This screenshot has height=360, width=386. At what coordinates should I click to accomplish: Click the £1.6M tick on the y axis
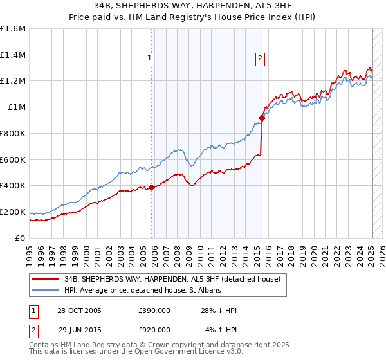(x=12, y=29)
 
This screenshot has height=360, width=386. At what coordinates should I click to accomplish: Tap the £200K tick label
(x=12, y=212)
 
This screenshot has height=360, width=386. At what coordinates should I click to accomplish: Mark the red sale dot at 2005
(x=152, y=187)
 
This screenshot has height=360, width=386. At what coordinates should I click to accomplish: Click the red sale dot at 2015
(x=262, y=118)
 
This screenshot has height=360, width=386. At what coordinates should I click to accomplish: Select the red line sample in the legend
(x=46, y=280)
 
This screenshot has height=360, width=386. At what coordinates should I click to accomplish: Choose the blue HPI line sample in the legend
(x=46, y=291)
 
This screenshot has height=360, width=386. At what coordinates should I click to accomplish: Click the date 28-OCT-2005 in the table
(x=80, y=311)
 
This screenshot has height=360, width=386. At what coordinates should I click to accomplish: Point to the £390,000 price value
(x=154, y=311)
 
